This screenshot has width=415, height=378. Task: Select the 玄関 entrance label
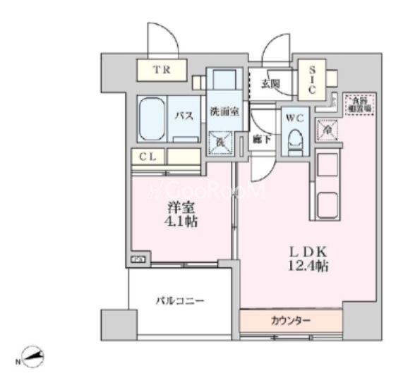pyautogui.click(x=269, y=84)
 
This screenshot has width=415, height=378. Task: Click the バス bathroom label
pyautogui.click(x=185, y=116)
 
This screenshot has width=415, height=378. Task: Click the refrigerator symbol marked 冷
pyautogui.click(x=327, y=130)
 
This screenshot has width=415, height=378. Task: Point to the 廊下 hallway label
pyautogui.click(x=262, y=138)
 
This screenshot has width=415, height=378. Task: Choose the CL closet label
pyautogui.click(x=147, y=157)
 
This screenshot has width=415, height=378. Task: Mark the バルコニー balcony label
pyautogui.click(x=180, y=301)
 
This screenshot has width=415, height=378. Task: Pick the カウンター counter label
pyautogui.click(x=290, y=320)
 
